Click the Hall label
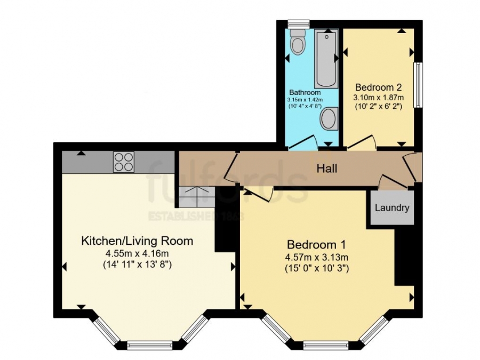[x=327, y=169]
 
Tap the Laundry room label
[x=392, y=208]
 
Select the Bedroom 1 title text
[x=316, y=245]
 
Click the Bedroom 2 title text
[x=378, y=87]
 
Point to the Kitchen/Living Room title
[x=137, y=241]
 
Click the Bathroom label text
[x=305, y=92]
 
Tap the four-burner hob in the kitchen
[x=123, y=162]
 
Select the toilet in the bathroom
[x=298, y=42]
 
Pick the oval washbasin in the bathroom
[x=329, y=118]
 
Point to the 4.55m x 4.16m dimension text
[x=137, y=253]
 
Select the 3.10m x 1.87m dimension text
[x=378, y=97]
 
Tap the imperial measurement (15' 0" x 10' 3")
[x=316, y=269]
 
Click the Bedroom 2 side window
[x=419, y=85]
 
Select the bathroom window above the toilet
[x=298, y=23]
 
